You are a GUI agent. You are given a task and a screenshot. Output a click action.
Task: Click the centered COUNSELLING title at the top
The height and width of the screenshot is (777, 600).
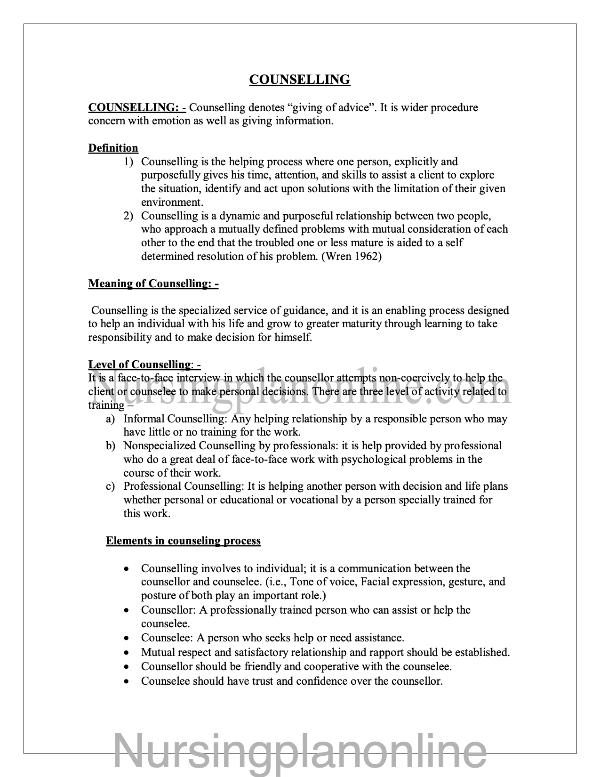pyautogui.click(x=300, y=80)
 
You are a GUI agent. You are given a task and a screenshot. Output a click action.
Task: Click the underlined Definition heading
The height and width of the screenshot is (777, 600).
pyautogui.click(x=113, y=148)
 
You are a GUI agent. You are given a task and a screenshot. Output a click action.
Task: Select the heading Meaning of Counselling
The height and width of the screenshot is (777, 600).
pyautogui.click(x=153, y=283)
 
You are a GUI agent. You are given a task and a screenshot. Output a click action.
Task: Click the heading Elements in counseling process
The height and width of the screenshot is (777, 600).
pyautogui.click(x=183, y=541)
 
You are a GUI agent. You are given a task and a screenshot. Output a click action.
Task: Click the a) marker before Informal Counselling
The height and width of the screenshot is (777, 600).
pyautogui.click(x=111, y=419)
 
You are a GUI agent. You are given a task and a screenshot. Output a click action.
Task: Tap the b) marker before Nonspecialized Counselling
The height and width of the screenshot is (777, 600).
pyautogui.click(x=111, y=446)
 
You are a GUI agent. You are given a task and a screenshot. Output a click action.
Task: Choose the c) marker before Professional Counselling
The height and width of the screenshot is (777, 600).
pyautogui.click(x=111, y=486)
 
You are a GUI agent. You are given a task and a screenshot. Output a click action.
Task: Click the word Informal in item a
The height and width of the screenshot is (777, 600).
pyautogui.click(x=144, y=419)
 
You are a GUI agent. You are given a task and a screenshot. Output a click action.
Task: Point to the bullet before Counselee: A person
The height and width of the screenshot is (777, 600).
pyautogui.click(x=127, y=639)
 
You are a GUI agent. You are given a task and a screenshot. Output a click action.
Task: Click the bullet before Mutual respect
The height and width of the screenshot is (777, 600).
pyautogui.click(x=127, y=653)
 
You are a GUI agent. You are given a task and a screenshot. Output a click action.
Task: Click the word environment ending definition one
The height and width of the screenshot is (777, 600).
pyautogui.click(x=172, y=202)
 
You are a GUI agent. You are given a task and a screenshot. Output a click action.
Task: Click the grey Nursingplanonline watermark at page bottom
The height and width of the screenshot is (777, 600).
pyautogui.click(x=300, y=753)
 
